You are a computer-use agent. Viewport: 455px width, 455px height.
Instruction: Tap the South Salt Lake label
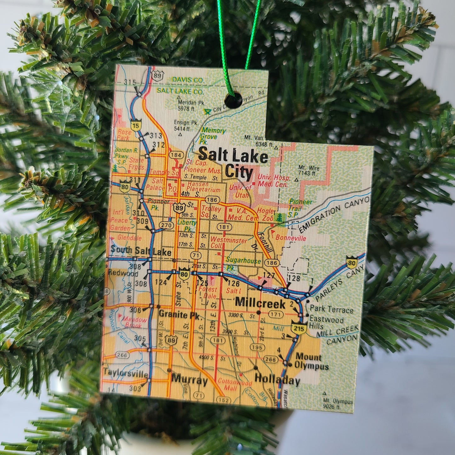coord(141,252)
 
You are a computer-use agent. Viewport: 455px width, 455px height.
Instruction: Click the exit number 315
coord(130,82)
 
